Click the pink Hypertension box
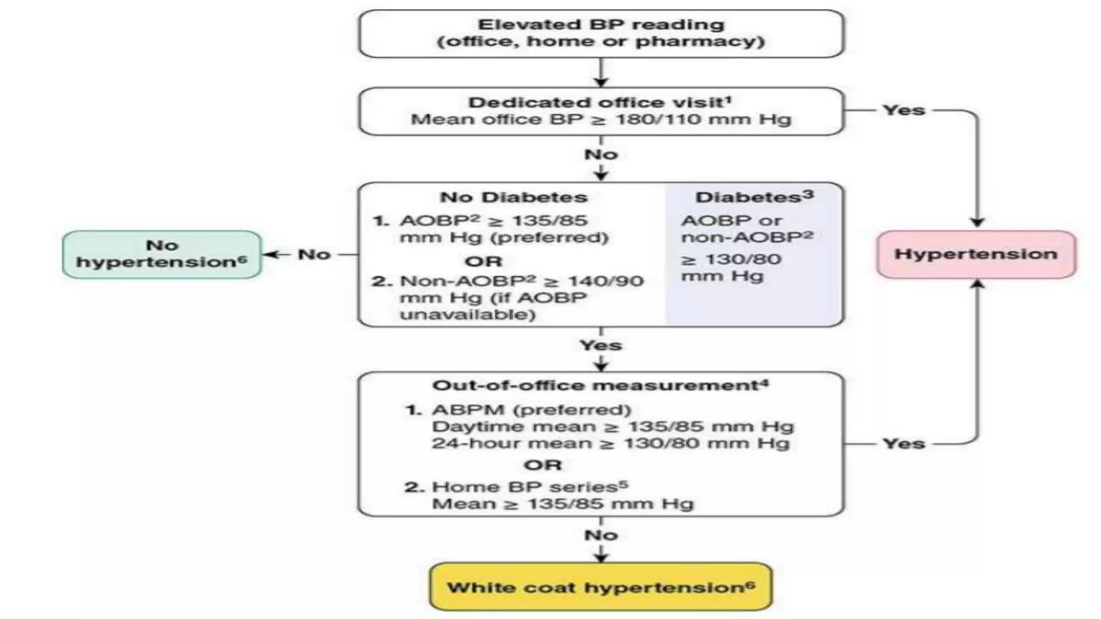[976, 254]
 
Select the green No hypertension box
[162, 254]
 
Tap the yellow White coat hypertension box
[600, 587]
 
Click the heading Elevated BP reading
[600, 25]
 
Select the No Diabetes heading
[513, 197]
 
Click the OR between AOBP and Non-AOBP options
[483, 262]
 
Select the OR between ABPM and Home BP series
[542, 465]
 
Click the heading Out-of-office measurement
[595, 386]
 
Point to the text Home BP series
[524, 487]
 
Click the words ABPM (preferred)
[531, 410]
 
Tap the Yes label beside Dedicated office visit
[904, 110]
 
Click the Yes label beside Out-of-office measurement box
[904, 444]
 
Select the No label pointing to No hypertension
[314, 255]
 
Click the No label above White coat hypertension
[600, 535]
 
